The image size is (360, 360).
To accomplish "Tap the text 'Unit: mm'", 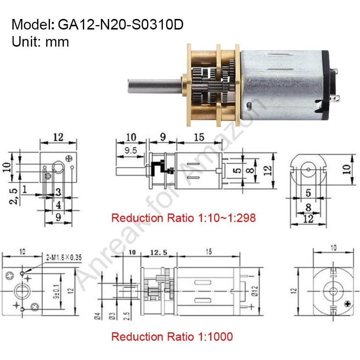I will click(40, 42).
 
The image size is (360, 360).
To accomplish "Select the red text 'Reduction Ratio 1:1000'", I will click(172, 336).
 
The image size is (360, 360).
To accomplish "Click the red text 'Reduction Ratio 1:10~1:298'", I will click(183, 218).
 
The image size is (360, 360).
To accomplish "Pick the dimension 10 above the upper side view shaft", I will click(131, 137).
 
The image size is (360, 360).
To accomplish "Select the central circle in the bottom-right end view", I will click(332, 290).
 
